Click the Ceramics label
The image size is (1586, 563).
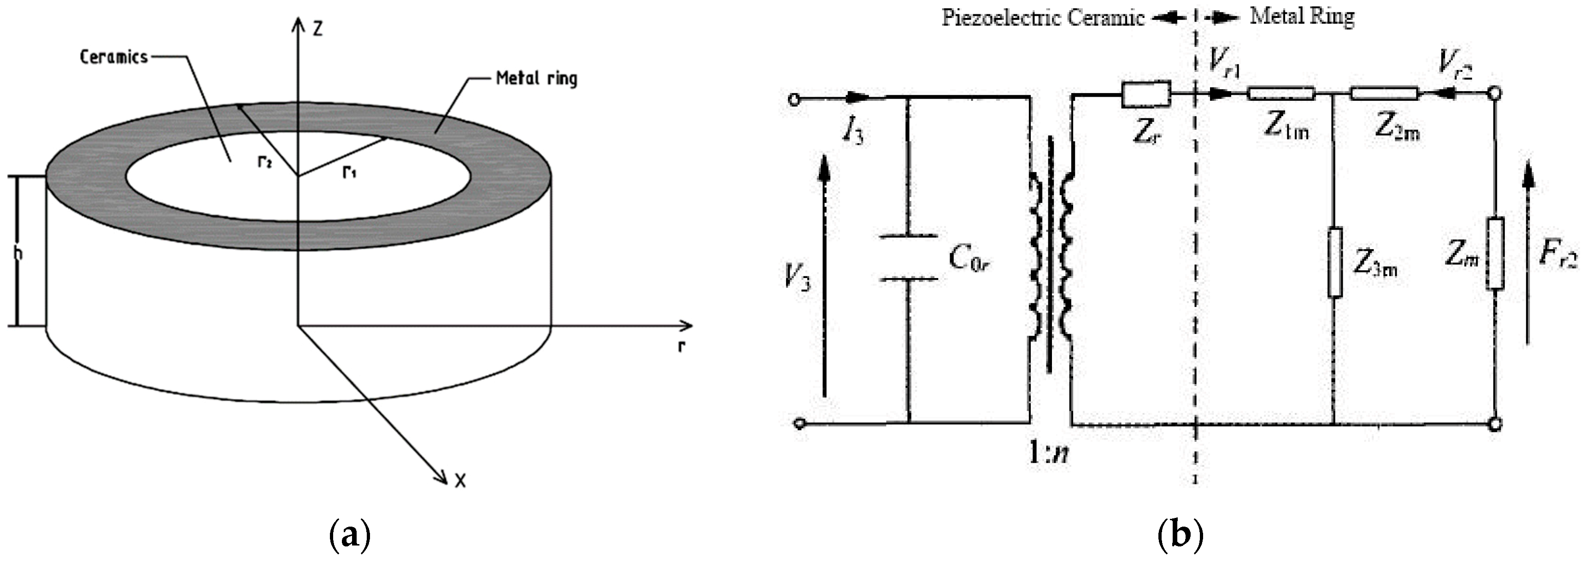[114, 57]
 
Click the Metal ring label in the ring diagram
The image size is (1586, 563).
[536, 79]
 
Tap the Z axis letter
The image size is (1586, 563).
[317, 28]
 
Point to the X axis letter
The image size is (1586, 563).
[460, 481]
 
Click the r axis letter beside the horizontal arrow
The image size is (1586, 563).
[681, 347]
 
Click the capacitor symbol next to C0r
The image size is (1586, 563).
[909, 258]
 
